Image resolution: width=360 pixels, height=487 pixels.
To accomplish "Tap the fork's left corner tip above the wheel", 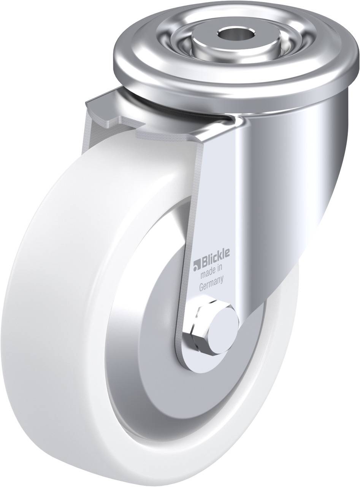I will click(89, 101).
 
